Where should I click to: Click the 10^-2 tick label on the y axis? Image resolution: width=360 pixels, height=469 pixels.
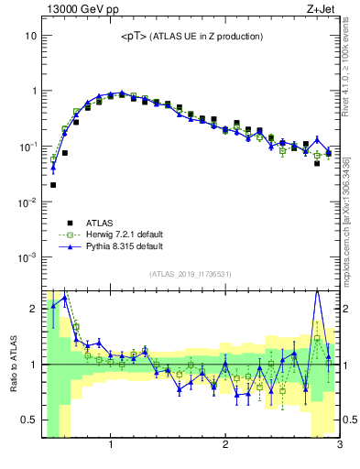(27, 202)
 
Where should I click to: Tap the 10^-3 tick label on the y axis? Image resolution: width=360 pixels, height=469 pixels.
(27, 257)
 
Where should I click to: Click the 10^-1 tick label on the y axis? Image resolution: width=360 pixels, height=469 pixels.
(27, 147)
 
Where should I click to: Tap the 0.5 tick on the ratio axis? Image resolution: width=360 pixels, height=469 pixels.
(29, 420)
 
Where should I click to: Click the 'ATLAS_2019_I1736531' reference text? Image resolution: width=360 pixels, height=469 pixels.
(191, 274)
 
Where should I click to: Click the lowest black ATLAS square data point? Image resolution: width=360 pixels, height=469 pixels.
(53, 185)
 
